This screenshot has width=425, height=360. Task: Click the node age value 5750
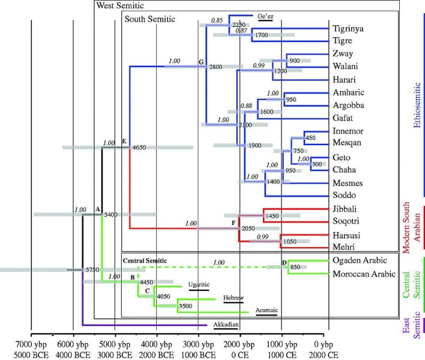point(92,270)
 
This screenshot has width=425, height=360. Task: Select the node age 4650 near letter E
point(139,147)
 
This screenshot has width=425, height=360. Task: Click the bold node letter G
point(201,62)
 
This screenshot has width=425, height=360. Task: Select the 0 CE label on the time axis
point(242,354)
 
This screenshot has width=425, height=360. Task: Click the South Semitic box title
point(149,19)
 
